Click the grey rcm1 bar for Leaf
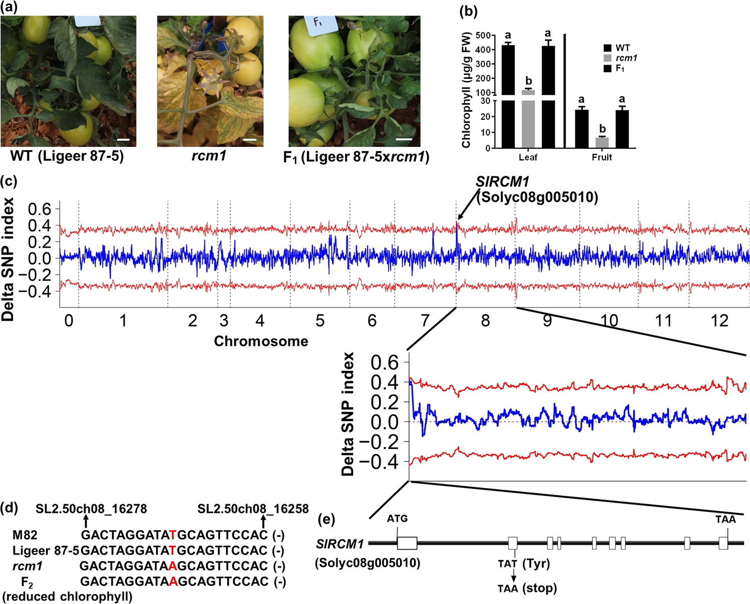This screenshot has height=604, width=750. click(528, 92)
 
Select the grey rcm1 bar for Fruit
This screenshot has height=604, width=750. click(602, 142)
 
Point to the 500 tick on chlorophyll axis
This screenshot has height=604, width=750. click(482, 36)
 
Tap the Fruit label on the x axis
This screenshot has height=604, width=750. click(602, 157)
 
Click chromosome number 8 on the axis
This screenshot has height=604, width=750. click(485, 320)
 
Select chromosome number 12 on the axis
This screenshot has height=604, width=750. click(719, 320)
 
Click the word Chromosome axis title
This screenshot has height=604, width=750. click(261, 341)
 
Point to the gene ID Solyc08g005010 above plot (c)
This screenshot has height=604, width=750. click(537, 197)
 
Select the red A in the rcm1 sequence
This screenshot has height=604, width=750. click(173, 566)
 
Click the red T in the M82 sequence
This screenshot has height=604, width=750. click(173, 535)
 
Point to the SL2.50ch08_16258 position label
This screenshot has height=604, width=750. click(253, 509)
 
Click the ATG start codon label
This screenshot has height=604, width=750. click(397, 519)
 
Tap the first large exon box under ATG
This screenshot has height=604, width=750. click(407, 543)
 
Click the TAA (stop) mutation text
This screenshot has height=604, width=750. click(527, 588)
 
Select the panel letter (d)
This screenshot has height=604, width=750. click(10, 508)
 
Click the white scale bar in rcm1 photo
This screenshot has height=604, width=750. click(250, 140)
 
